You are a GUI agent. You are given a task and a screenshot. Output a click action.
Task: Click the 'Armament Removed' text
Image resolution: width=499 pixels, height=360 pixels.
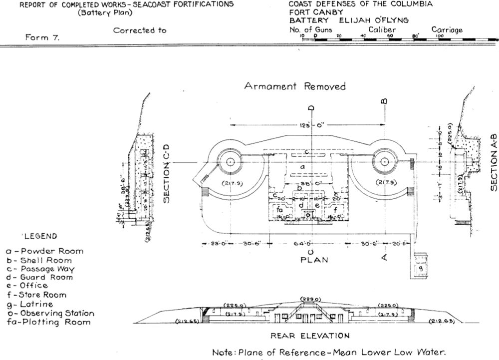[x=294, y=86]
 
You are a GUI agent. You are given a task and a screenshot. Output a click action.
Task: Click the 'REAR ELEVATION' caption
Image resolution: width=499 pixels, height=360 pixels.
[x=309, y=336]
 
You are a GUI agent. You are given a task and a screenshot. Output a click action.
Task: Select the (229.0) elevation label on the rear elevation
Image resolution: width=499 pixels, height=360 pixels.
[x=312, y=299]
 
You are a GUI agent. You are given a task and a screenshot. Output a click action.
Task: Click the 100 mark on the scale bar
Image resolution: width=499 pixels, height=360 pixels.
[x=441, y=36]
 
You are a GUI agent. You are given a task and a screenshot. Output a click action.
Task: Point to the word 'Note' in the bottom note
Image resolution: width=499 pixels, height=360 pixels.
[x=224, y=353]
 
